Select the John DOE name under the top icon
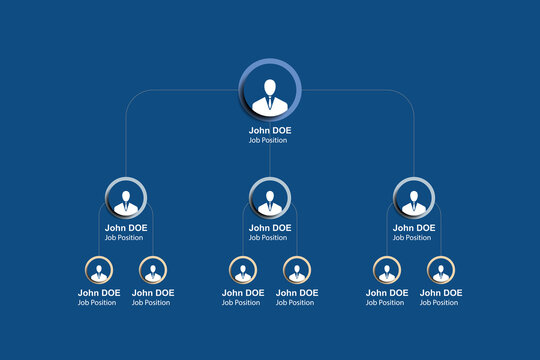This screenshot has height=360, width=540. point(270,130)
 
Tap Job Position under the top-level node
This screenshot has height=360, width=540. point(268,140)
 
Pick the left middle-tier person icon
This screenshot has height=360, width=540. point(126,197)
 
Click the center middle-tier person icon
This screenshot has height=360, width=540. point(270,197)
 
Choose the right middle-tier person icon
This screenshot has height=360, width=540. point(413,197)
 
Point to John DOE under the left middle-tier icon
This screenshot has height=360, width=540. point(126,228)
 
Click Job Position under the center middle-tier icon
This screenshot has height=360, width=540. point(268,238)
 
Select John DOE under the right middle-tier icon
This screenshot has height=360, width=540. point(413,228)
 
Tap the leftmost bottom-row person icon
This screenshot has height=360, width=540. point(99,270)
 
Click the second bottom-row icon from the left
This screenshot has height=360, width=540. point(152,270)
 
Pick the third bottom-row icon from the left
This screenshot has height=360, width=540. point(243,270)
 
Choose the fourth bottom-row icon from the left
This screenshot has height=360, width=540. point(296,270)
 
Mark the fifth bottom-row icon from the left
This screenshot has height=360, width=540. point(387,270)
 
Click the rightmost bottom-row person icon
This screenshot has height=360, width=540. point(440,270)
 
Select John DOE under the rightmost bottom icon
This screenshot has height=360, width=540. point(441,293)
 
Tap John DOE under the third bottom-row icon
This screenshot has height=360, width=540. point(243,293)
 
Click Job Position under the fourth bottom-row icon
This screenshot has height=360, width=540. point(295,303)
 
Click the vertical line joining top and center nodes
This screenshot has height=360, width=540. point(270,160)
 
